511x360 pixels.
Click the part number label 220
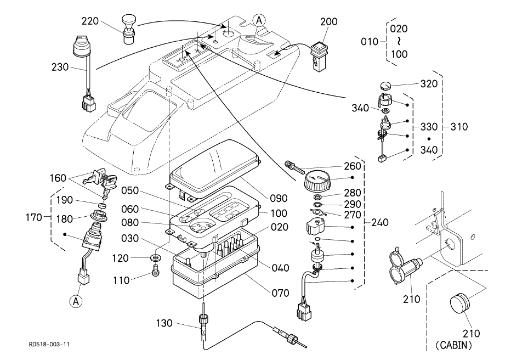click(x=89, y=21)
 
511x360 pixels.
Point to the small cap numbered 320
click(x=385, y=86)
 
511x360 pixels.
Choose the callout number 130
click(x=164, y=323)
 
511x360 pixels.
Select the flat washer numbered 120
click(x=156, y=258)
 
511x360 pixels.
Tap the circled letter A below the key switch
click(x=76, y=302)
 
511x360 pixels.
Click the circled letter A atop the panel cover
click(x=259, y=20)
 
